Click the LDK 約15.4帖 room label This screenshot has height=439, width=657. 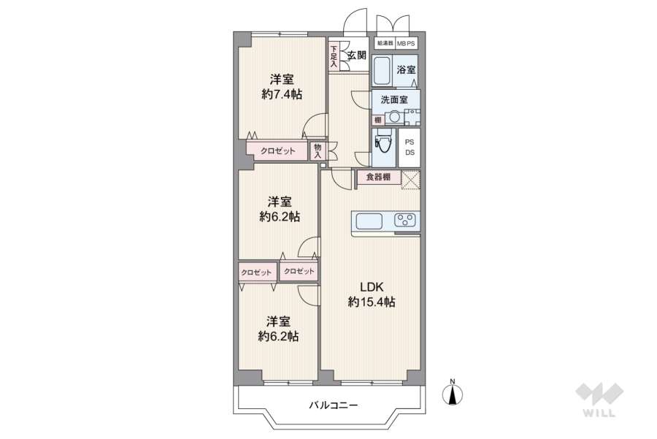tap(371, 294)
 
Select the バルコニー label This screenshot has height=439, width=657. tap(333, 405)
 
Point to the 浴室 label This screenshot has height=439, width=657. tap(406, 70)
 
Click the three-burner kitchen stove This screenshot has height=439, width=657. tap(405, 221)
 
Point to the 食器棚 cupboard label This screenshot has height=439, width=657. tap(377, 177)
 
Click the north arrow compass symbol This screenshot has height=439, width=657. tap(453, 394)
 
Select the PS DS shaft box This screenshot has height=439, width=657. tap(410, 147)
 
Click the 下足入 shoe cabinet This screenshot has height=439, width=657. tap(334, 56)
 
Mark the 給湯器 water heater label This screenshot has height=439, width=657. tap(385, 43)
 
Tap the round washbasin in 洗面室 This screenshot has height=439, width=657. tap(395, 116)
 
